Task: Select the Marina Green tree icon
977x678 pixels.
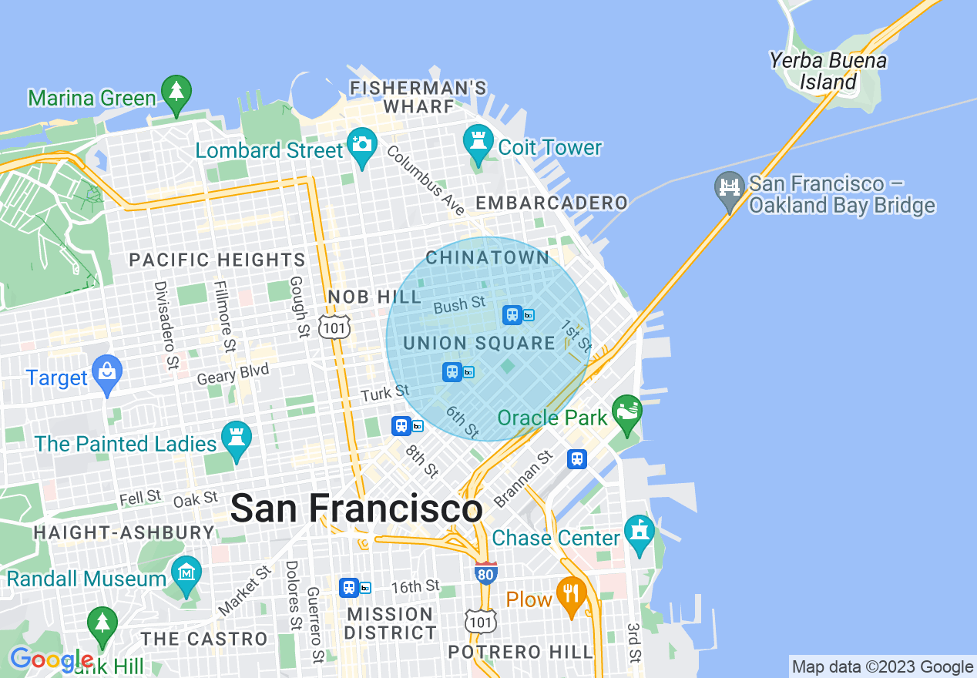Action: [x=176, y=93]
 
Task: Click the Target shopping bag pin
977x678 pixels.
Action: [x=106, y=374]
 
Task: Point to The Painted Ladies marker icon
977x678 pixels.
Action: [x=237, y=439]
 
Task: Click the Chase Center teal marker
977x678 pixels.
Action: [x=640, y=533]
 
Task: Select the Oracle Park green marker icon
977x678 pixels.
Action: [x=627, y=413]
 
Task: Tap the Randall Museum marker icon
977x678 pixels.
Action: [x=186, y=575]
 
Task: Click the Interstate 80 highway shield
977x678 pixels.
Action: [x=485, y=572]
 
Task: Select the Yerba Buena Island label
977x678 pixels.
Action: [x=828, y=71]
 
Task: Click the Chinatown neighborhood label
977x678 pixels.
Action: [x=488, y=257]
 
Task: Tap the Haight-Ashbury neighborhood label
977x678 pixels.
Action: [x=124, y=532]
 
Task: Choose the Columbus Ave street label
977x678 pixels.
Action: [x=426, y=180]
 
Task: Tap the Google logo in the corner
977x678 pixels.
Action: [x=51, y=660]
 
